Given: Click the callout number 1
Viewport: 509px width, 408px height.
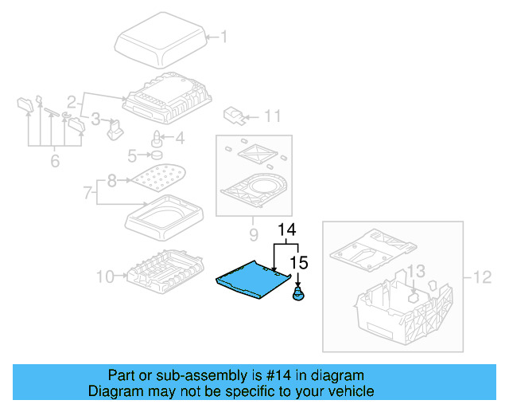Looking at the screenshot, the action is (223, 37).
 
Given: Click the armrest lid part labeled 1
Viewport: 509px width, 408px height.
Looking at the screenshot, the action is (161, 40).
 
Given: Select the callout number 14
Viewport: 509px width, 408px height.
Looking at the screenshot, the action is (287, 229).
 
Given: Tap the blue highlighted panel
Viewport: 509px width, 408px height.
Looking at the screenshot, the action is (253, 280).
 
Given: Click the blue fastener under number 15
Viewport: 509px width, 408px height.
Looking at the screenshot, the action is (299, 294).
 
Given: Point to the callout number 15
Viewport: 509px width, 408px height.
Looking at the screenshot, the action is (299, 262).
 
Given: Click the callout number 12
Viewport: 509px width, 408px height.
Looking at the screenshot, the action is (483, 277).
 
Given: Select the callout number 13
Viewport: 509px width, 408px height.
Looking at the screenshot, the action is (416, 271).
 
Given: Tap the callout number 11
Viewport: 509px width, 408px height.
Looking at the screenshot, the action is (272, 116).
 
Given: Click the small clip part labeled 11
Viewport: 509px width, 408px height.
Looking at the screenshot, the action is (234, 116).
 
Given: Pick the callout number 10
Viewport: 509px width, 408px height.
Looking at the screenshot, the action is (106, 277).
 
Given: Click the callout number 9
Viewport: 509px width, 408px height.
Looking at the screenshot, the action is (254, 234).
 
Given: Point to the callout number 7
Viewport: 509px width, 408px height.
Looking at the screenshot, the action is (87, 193).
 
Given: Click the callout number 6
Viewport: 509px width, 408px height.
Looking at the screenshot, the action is (55, 161).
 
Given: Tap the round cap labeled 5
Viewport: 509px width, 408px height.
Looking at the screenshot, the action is (157, 155).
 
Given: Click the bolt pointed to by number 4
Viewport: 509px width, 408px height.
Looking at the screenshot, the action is (157, 139).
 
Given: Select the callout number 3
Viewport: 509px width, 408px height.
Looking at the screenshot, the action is (95, 119).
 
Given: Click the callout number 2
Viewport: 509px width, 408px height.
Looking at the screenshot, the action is (72, 102).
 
